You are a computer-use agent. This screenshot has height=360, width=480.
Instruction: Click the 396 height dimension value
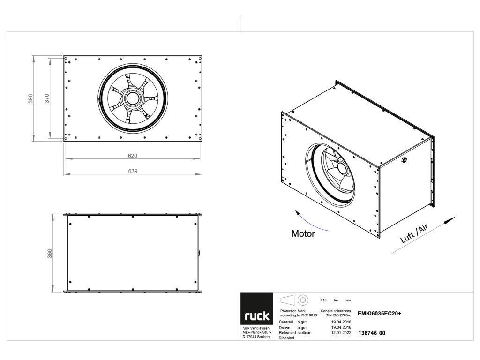click(30, 98)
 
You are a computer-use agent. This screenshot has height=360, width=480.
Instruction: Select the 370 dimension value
click(47, 98)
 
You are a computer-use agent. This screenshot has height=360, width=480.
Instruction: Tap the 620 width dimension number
click(133, 156)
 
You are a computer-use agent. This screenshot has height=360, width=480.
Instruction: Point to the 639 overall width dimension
click(133, 172)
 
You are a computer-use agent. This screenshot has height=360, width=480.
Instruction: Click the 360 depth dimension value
click(50, 253)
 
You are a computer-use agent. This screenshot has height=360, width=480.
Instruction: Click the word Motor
click(303, 233)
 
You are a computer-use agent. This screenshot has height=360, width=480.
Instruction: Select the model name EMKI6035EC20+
click(379, 313)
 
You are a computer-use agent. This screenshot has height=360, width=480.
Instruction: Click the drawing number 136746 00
click(371, 333)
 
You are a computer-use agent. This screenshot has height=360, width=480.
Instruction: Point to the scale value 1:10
click(323, 300)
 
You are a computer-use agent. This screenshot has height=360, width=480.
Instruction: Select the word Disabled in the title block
click(286, 337)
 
